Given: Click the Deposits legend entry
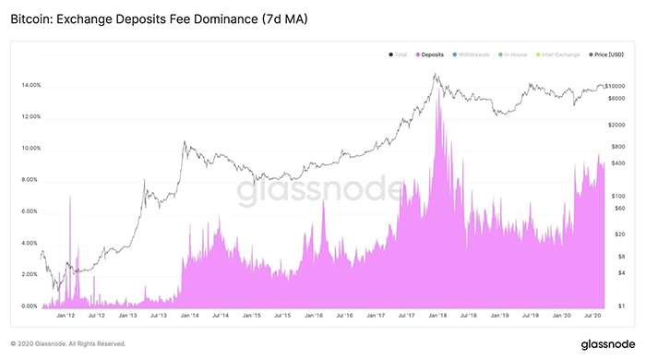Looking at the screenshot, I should click(430, 55).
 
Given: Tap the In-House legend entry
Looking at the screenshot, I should click(520, 55).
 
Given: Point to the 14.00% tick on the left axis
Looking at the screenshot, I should click(29, 86).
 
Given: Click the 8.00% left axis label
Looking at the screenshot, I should click(29, 180).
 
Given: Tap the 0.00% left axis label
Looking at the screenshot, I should click(29, 306).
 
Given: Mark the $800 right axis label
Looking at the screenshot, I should click(618, 147).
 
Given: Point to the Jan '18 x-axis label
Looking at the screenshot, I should click(437, 316).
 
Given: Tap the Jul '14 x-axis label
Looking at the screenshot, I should click(220, 316).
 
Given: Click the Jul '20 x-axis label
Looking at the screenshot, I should click(593, 316).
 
